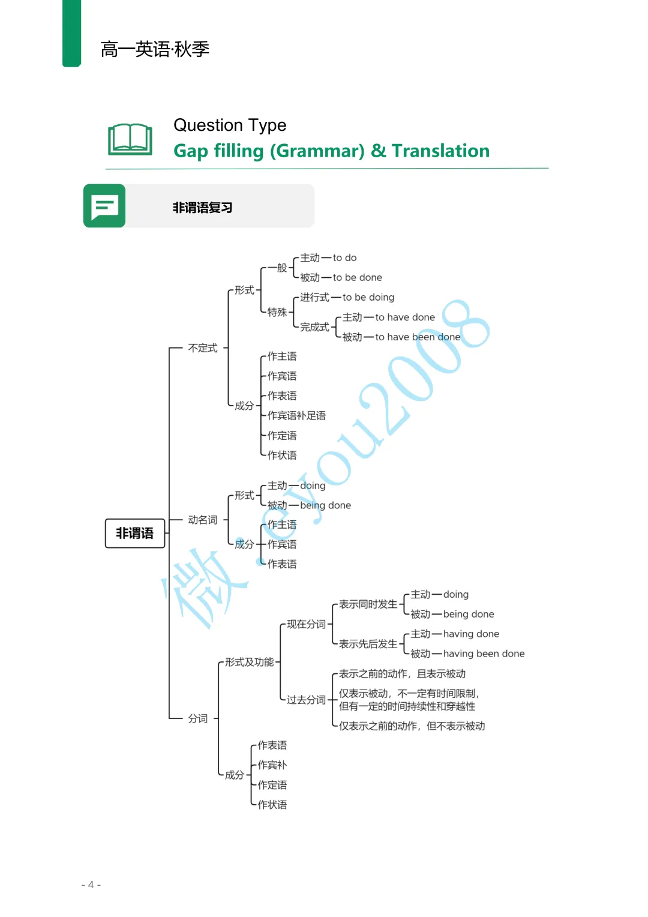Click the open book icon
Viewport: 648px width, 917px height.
coord(130,139)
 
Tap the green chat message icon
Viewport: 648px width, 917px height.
coord(104,206)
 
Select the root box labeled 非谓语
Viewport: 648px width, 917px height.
coord(134,533)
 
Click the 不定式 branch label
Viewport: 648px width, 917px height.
coord(203,348)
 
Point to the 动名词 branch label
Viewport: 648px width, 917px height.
coord(203,520)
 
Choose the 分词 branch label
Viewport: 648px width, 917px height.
coord(198,718)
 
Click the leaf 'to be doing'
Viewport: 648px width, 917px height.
coord(368,297)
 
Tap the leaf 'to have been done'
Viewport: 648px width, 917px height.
coord(418,337)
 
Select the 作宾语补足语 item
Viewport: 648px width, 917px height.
coord(296,415)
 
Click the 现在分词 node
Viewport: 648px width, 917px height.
coord(306,624)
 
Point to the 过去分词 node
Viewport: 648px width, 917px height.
coord(306,700)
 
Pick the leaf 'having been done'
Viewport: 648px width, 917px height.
coord(484,654)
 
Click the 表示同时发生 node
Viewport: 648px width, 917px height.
coord(368,604)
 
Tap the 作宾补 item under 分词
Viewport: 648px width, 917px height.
coord(272,765)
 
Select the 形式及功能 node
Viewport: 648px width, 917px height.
coord(249,662)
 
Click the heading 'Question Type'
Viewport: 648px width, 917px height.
coord(230,125)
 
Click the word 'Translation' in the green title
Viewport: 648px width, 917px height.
coord(440,151)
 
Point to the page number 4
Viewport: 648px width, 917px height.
coord(91,885)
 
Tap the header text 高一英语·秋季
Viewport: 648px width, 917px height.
coord(155,49)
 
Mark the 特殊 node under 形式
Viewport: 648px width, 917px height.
coord(277,312)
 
